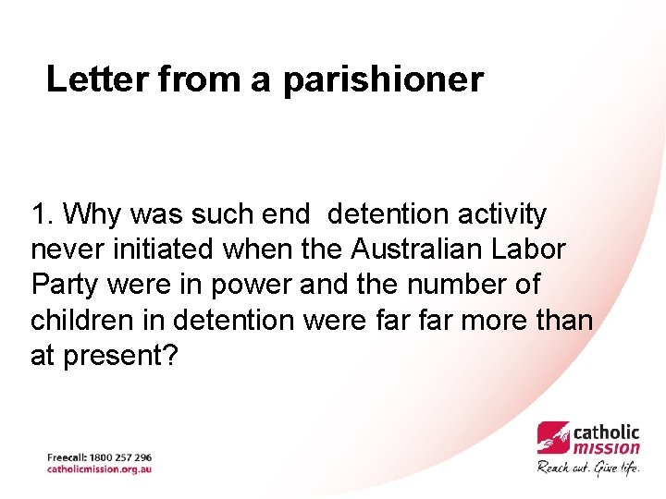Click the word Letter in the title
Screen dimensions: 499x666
(x=97, y=79)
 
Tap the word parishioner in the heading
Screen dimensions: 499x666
(x=383, y=81)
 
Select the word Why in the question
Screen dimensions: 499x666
(x=96, y=215)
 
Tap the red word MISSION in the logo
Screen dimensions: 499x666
(x=607, y=448)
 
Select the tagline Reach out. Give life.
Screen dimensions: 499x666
(x=588, y=467)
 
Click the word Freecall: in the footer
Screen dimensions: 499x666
(x=67, y=457)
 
